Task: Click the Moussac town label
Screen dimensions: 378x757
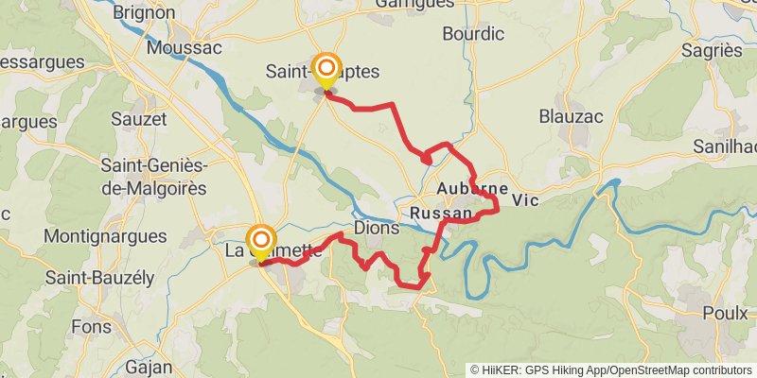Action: click(x=185, y=47)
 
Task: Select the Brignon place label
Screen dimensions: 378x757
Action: click(x=145, y=12)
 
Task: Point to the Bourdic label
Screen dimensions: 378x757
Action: click(x=473, y=34)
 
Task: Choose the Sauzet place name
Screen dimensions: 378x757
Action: click(x=139, y=119)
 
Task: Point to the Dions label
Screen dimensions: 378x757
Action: click(x=374, y=229)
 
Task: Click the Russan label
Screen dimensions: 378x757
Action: click(x=441, y=215)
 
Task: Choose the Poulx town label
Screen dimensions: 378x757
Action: click(x=726, y=313)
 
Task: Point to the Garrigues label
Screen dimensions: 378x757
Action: click(x=414, y=4)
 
